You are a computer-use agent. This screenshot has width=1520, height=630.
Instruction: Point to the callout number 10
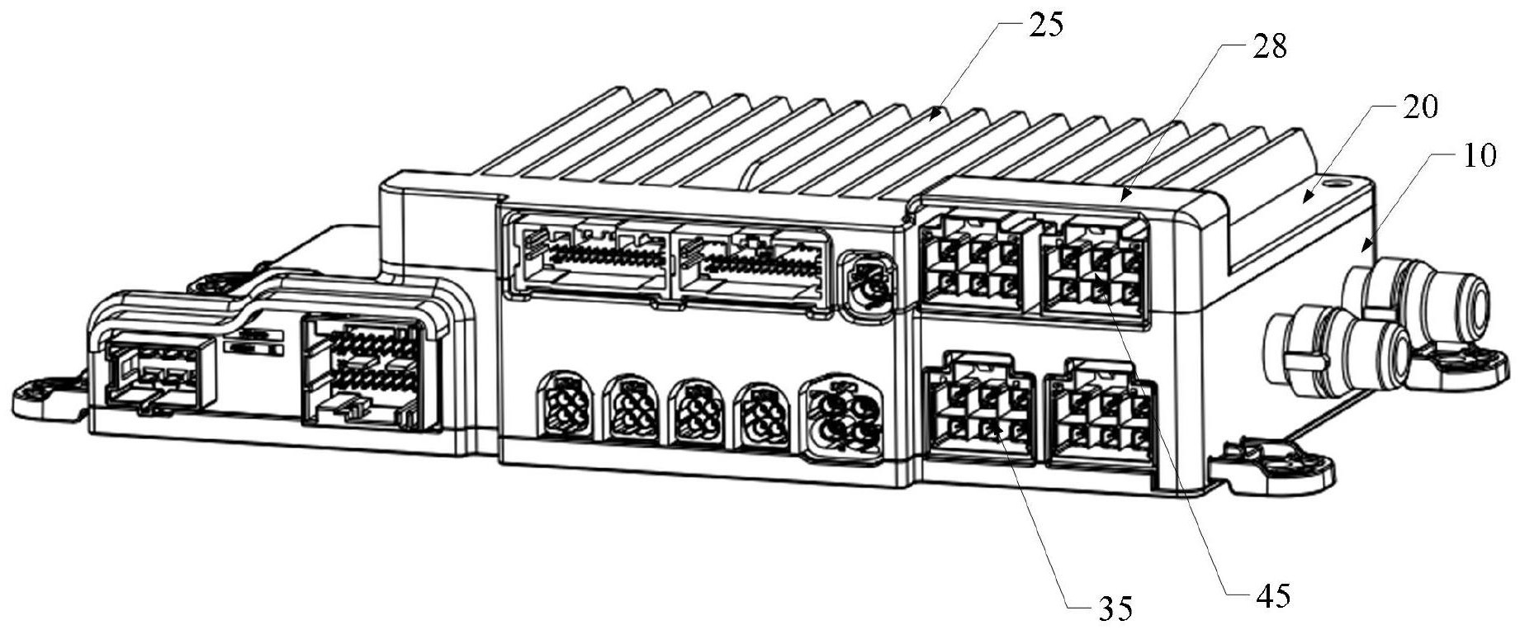click(x=1479, y=156)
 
